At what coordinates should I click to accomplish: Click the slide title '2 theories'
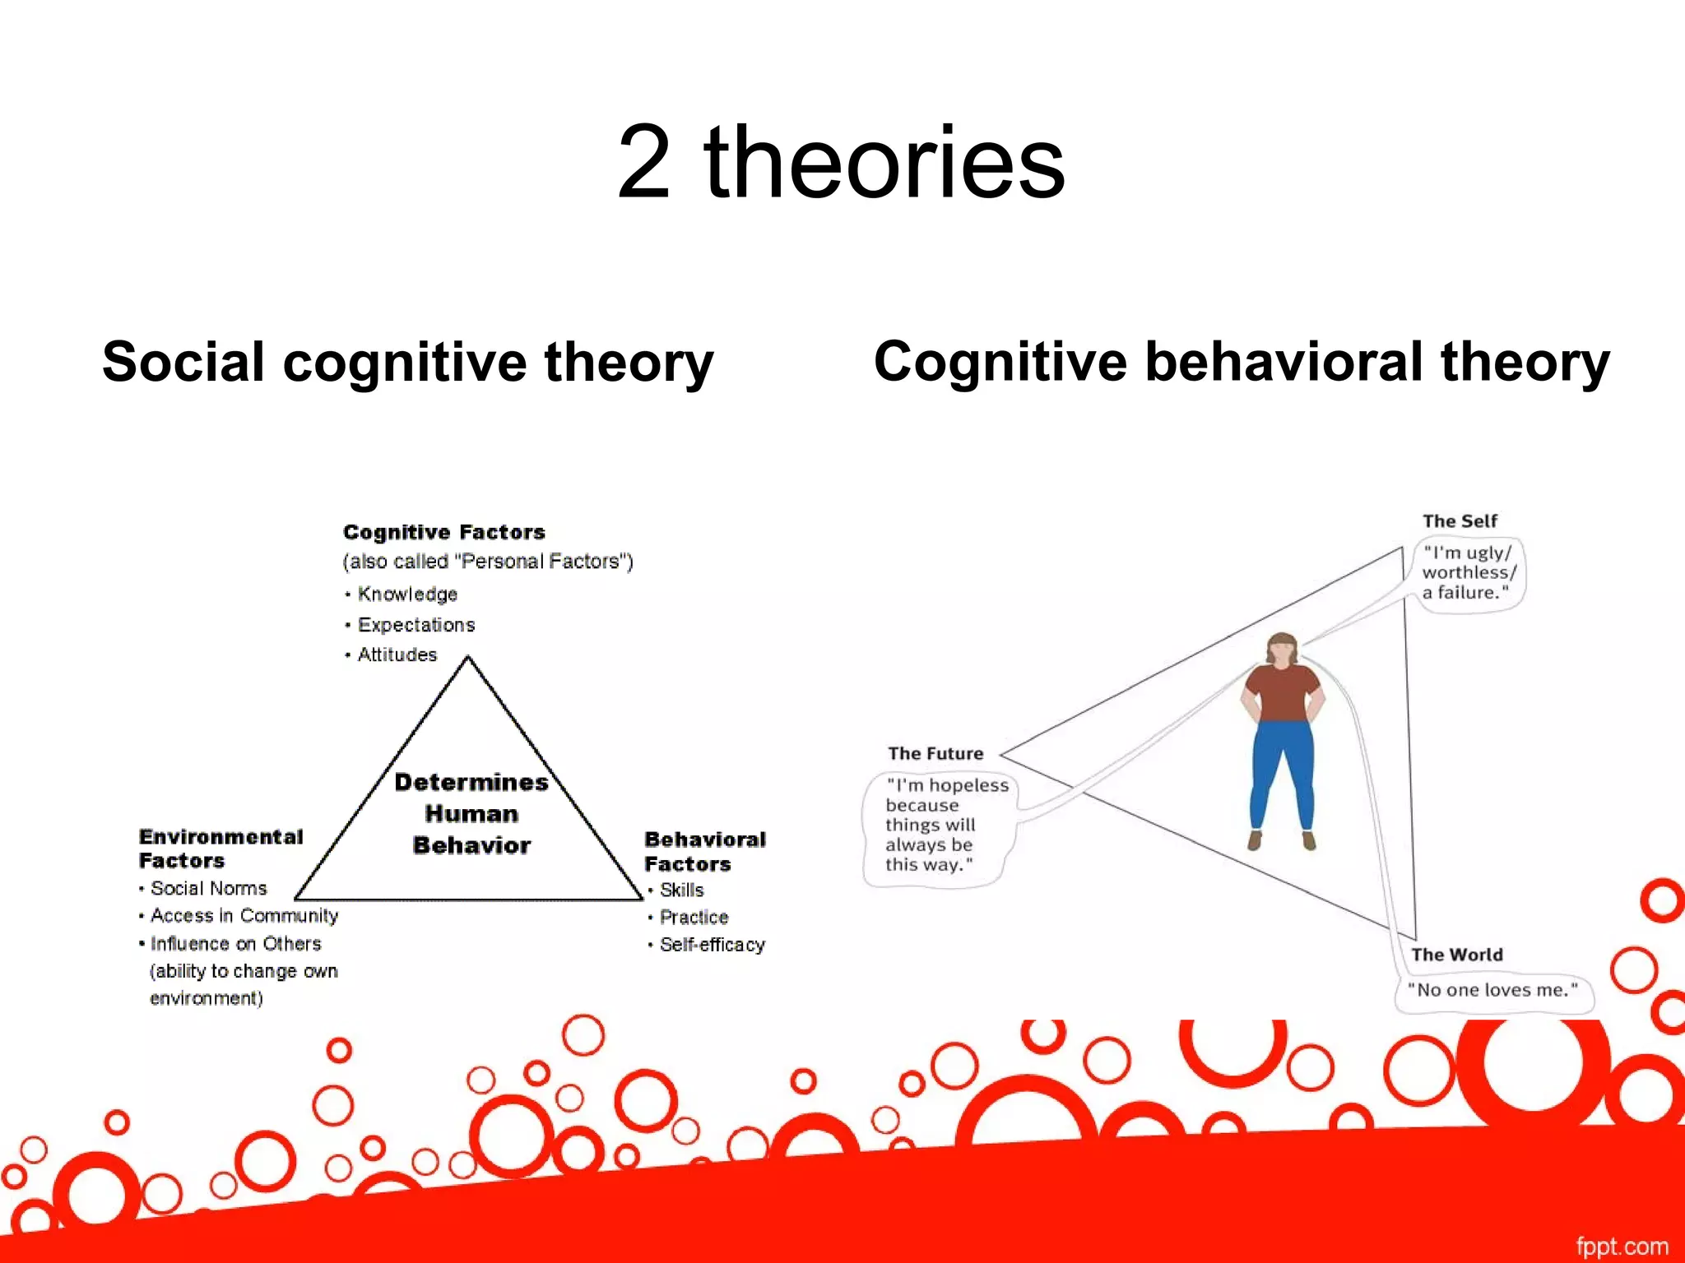[x=841, y=161]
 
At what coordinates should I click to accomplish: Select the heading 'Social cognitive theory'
[x=407, y=362]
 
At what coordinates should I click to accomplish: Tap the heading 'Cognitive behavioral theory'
[x=1242, y=362]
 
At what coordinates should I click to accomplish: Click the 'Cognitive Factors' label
[x=443, y=532]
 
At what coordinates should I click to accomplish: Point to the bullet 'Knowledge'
[x=406, y=594]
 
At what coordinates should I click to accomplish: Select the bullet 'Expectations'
[x=415, y=625]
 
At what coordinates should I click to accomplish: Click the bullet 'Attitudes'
[x=397, y=655]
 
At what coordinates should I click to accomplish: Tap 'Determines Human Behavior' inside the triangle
[x=471, y=813]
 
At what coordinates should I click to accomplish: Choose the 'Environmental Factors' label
[x=220, y=849]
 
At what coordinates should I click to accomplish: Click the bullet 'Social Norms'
[x=208, y=888]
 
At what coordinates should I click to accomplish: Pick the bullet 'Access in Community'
[x=244, y=916]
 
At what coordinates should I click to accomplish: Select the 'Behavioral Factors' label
[x=704, y=851]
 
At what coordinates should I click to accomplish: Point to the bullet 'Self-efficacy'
[x=712, y=945]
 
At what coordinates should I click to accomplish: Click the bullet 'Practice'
[x=694, y=917]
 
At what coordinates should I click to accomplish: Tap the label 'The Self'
[x=1460, y=520]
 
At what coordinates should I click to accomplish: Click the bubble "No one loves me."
[x=1493, y=990]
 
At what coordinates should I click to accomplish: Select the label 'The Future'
[x=935, y=753]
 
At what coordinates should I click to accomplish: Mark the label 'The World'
[x=1456, y=955]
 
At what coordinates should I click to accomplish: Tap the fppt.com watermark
[x=1622, y=1246]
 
